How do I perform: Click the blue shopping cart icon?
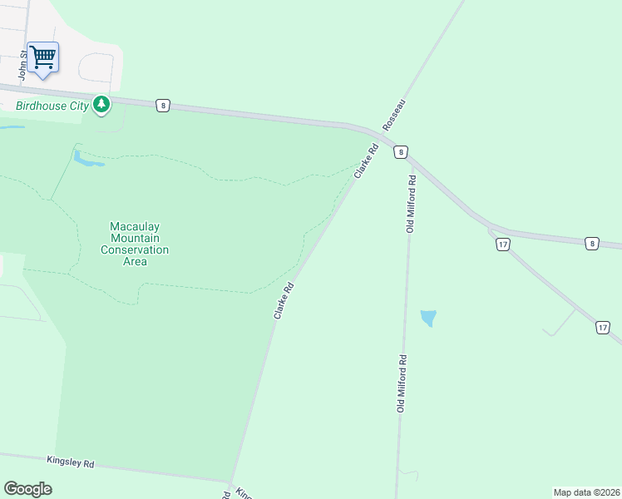[42, 57]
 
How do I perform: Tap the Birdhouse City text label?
[52, 106]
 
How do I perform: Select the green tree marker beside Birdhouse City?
[101, 105]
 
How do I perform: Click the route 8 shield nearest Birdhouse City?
[163, 105]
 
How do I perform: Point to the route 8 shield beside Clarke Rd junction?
[402, 152]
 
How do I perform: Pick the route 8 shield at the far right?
[591, 244]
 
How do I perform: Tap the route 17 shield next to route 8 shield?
[502, 245]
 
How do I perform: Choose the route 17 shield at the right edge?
[602, 328]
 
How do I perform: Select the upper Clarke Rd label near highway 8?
[366, 161]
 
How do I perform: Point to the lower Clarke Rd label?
[284, 301]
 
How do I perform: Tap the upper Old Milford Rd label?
[411, 204]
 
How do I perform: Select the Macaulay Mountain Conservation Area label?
[135, 244]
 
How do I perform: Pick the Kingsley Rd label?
[71, 462]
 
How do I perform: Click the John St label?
[23, 66]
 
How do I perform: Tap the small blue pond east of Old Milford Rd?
[428, 318]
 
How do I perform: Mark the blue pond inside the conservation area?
[87, 158]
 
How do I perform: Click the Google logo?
[27, 489]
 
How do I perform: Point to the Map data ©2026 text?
[586, 492]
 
